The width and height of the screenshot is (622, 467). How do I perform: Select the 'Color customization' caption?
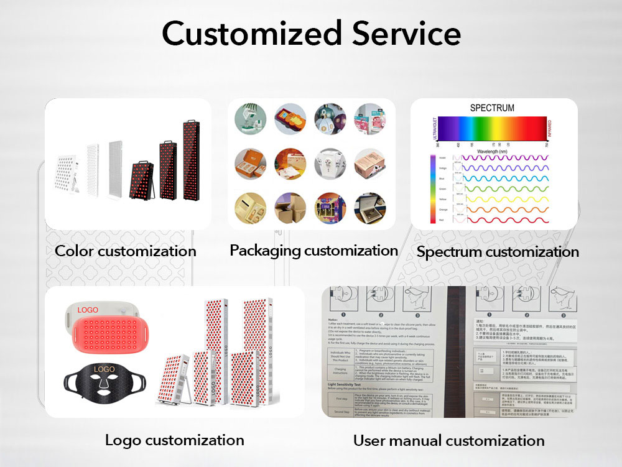point(125,251)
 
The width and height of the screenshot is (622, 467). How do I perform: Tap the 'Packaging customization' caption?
point(313,251)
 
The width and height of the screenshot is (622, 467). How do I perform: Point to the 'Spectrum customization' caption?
point(498,252)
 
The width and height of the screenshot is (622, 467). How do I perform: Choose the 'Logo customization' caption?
point(174,440)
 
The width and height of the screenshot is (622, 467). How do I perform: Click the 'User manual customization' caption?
point(448,441)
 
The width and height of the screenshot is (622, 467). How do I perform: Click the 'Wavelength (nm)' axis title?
point(491,151)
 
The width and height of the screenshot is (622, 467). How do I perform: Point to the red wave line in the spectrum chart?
point(504,220)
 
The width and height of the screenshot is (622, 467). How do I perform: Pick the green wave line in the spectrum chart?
point(504,188)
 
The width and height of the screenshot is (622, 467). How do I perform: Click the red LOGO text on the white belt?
point(88,309)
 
